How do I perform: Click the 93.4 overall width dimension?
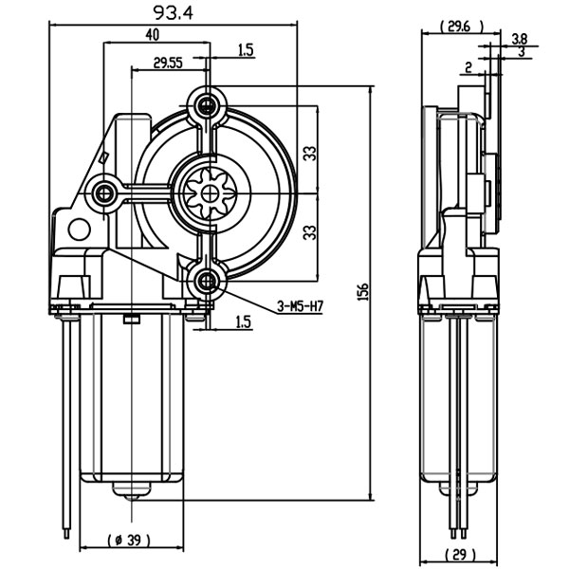(x=174, y=13)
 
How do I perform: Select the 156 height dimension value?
(x=363, y=291)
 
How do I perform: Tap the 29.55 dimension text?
(x=168, y=64)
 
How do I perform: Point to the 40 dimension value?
(x=153, y=35)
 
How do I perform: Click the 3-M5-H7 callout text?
(x=300, y=306)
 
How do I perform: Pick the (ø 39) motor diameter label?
(x=129, y=541)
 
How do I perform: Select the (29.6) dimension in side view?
(x=461, y=27)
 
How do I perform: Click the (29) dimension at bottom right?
(x=460, y=554)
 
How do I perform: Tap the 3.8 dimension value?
(x=520, y=39)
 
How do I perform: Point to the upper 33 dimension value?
(x=310, y=153)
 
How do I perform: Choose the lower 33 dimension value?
(x=310, y=232)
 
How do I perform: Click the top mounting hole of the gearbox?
(x=207, y=106)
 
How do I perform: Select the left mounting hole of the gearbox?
(x=104, y=193)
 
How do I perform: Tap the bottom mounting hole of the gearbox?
(x=207, y=282)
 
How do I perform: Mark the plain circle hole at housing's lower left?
(x=80, y=229)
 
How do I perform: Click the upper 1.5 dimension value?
(x=246, y=49)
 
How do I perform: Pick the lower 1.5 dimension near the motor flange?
(x=244, y=321)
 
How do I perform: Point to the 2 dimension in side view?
(x=468, y=67)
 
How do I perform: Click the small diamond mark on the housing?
(x=103, y=157)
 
